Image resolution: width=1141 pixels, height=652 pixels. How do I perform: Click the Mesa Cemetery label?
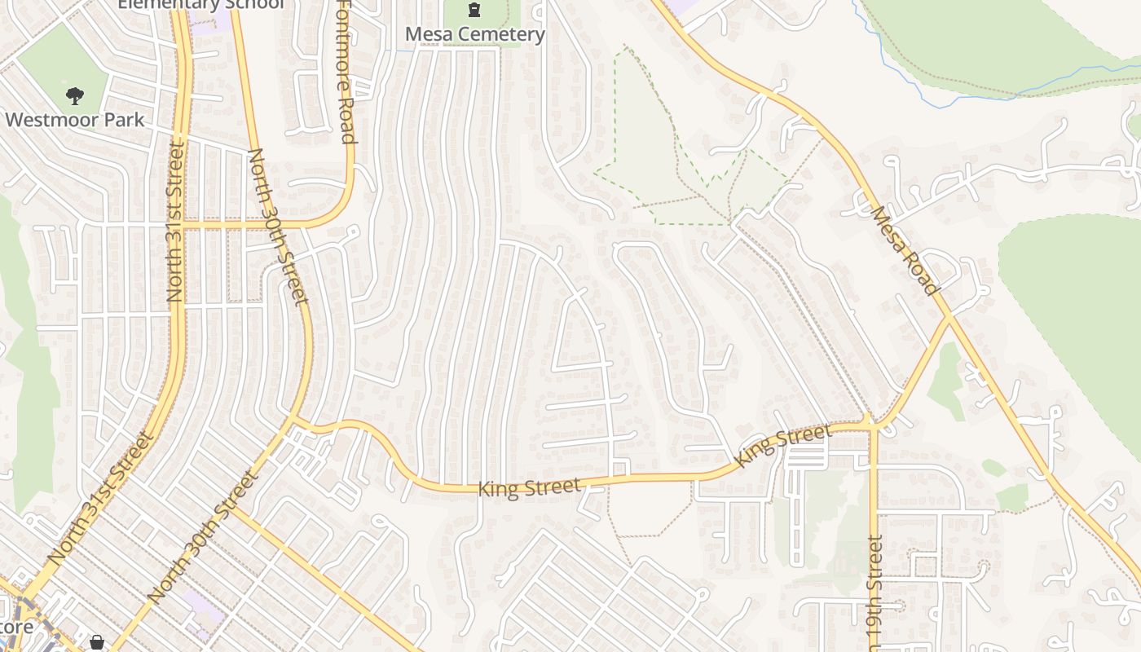[475, 34]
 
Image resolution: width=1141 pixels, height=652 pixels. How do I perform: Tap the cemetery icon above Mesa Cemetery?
[474, 11]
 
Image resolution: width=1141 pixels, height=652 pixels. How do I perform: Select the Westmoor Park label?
[74, 120]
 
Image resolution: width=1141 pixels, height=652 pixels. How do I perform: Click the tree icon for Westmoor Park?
[75, 96]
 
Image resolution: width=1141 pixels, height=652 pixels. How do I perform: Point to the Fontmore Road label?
[346, 71]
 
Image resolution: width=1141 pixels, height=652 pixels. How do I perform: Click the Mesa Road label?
[905, 250]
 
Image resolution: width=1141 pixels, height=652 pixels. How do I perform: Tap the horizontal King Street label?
[529, 488]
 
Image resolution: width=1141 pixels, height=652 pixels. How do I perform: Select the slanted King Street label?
[782, 445]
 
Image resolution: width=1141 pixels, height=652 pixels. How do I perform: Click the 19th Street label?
[874, 591]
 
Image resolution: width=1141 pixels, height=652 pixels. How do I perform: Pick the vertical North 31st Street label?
[175, 222]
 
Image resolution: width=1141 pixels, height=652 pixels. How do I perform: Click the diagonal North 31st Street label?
[100, 499]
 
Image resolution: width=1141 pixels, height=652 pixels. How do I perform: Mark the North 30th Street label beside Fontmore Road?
[279, 226]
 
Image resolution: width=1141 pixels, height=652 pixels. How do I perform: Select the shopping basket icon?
[97, 643]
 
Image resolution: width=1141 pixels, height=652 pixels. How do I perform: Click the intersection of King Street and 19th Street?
[872, 426]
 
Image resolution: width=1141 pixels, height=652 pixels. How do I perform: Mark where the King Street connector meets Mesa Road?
[949, 318]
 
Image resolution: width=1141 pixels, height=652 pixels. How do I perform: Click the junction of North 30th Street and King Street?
[295, 421]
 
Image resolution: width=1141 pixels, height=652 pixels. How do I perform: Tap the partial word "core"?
[16, 627]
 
